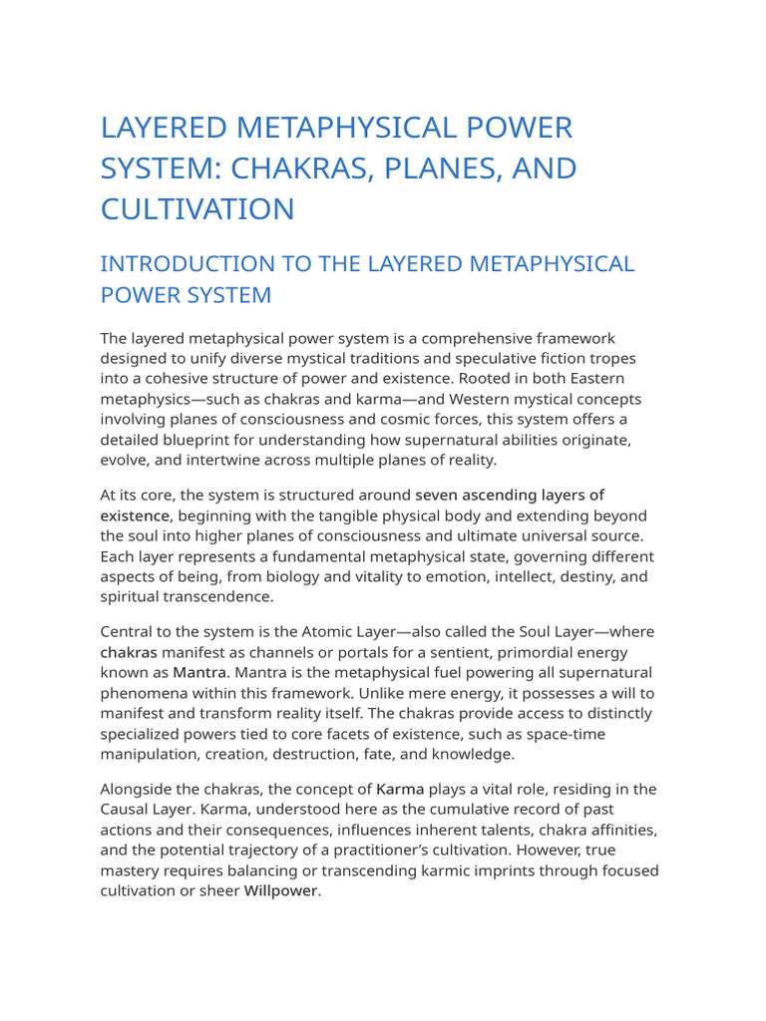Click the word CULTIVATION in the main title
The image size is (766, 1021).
(197, 208)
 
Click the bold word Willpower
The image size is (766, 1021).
(280, 890)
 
